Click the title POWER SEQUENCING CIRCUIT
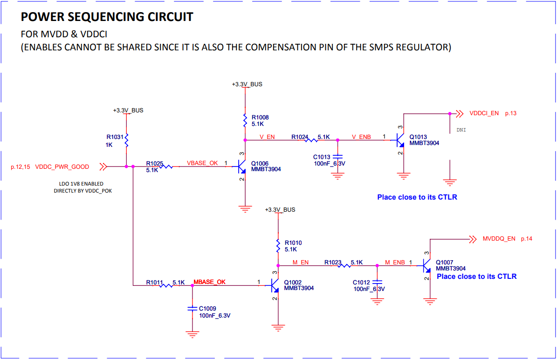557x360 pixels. pyautogui.click(x=107, y=17)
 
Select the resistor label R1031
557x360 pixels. pyautogui.click(x=115, y=137)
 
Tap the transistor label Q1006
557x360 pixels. pyautogui.click(x=260, y=163)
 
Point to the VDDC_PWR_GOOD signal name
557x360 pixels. pyautogui.click(x=62, y=166)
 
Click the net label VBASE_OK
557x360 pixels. pyautogui.click(x=202, y=163)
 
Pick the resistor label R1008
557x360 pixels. pyautogui.click(x=260, y=118)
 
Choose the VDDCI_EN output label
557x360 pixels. pyautogui.click(x=484, y=113)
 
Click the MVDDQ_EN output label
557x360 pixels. pyautogui.click(x=499, y=239)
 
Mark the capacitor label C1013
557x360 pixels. pyautogui.click(x=322, y=157)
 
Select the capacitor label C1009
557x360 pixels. pyautogui.click(x=207, y=309)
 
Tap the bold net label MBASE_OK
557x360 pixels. pyautogui.click(x=209, y=282)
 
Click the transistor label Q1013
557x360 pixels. pyautogui.click(x=418, y=137)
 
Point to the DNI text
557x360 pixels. pyautogui.click(x=461, y=130)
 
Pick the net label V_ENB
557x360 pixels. pyautogui.click(x=361, y=137)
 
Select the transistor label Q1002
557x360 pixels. pyautogui.click(x=292, y=282)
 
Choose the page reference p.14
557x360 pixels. pyautogui.click(x=526, y=239)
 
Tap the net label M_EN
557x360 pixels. pyautogui.click(x=301, y=262)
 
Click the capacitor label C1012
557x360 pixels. pyautogui.click(x=361, y=283)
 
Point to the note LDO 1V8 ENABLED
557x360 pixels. pyautogui.click(x=78, y=184)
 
